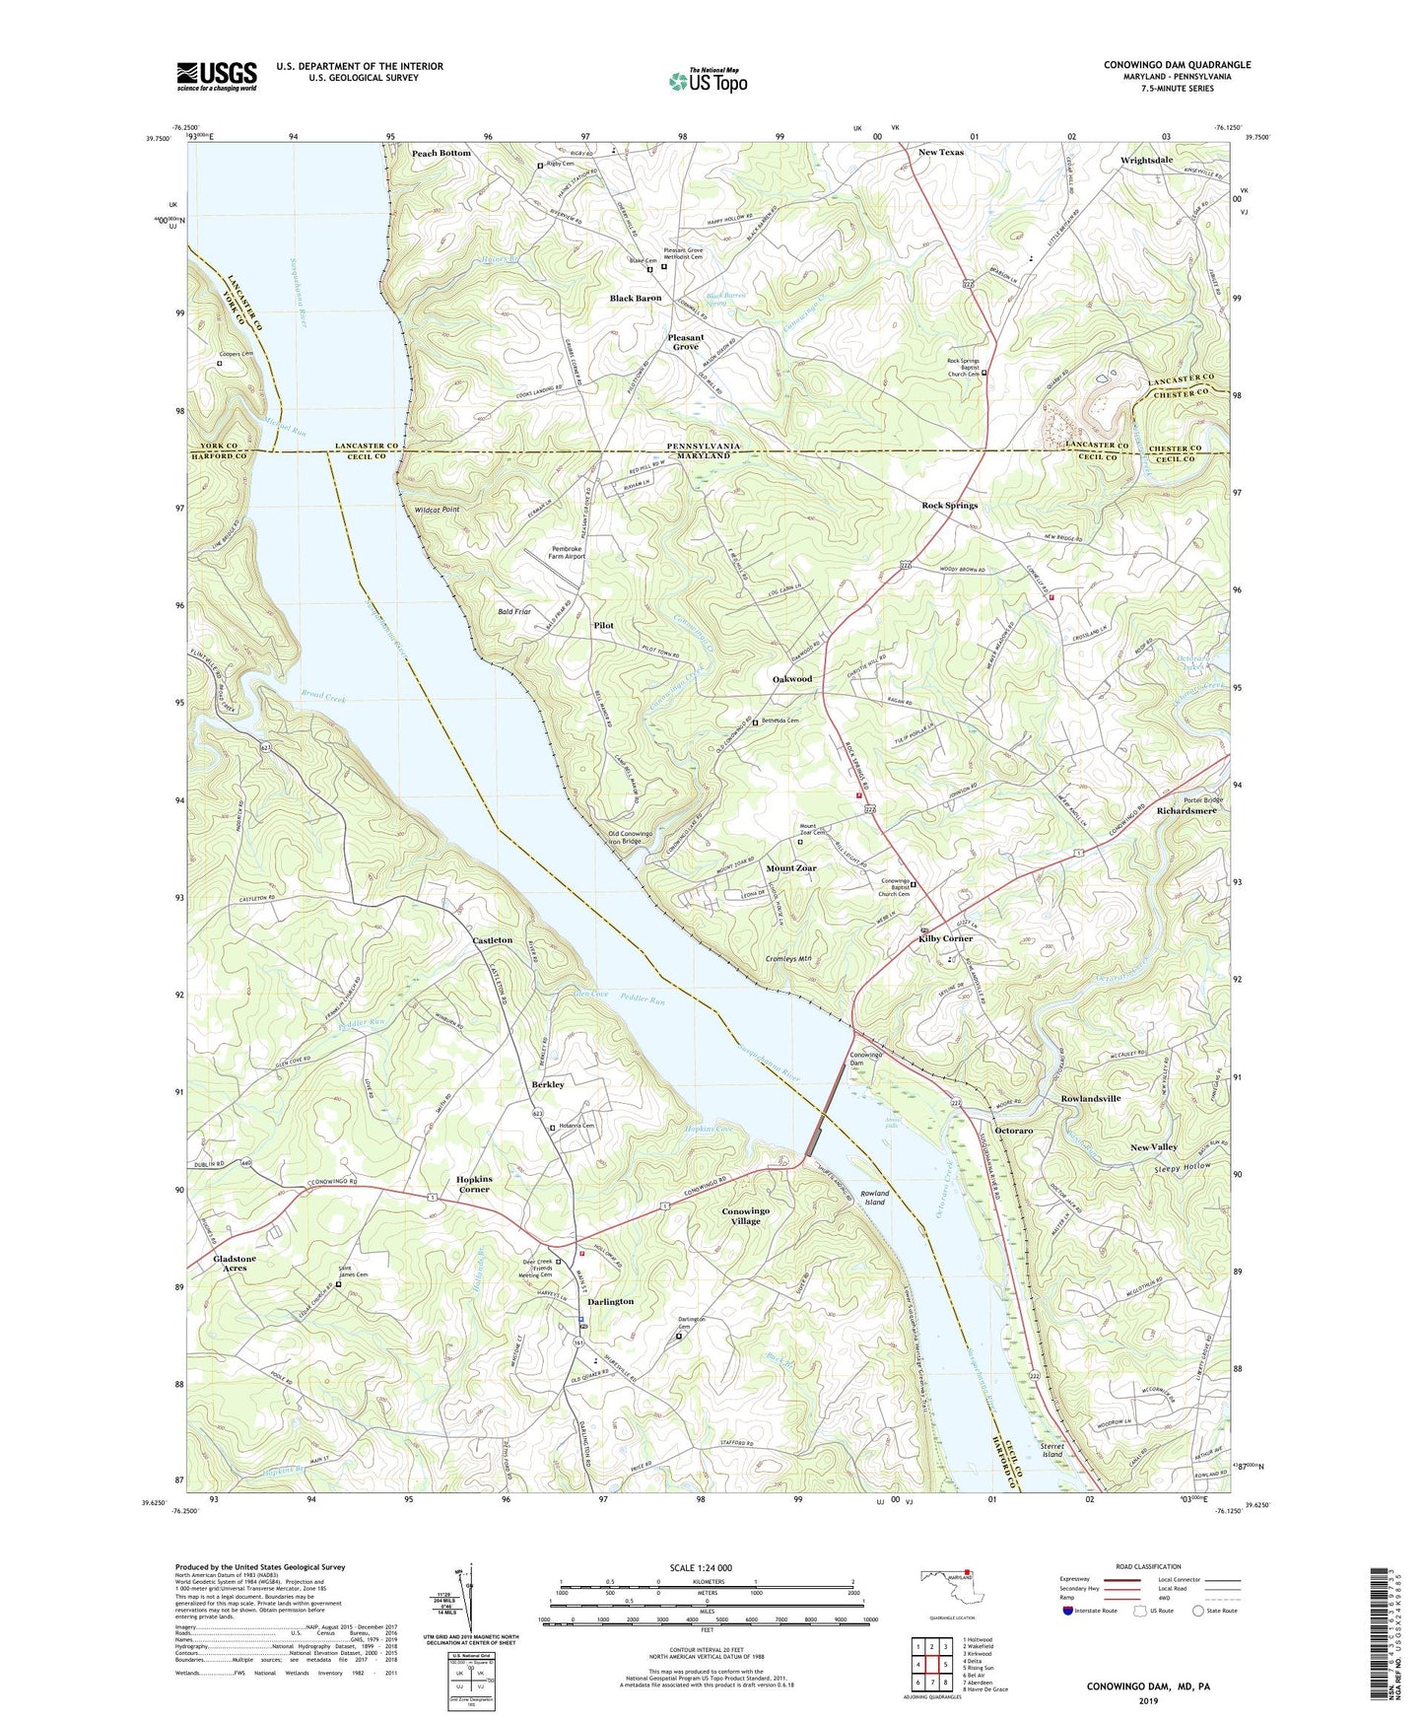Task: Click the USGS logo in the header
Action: tap(217, 75)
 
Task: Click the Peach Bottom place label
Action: tap(441, 154)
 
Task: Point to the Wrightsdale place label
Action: tap(1146, 160)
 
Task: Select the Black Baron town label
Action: tap(635, 298)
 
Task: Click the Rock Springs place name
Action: tap(949, 506)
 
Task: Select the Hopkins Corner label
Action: tap(487, 1184)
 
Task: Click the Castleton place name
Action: tap(492, 940)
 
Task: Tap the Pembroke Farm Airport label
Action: tap(567, 552)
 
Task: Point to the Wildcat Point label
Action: tap(437, 510)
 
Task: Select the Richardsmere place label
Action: tap(1187, 811)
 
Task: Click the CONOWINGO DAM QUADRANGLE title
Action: tap(1177, 65)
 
